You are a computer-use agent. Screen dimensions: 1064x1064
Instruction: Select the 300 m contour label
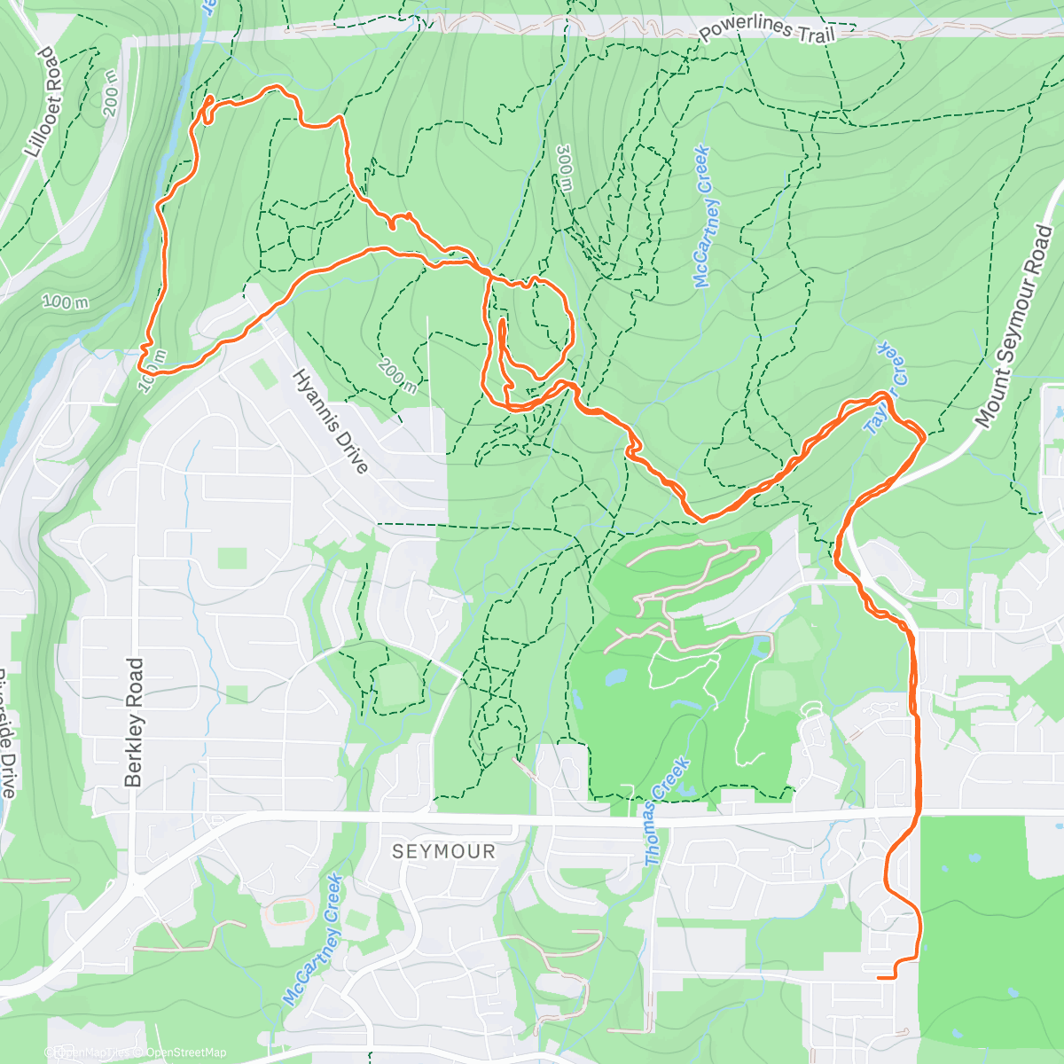[565, 168]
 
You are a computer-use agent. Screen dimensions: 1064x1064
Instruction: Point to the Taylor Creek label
[887, 388]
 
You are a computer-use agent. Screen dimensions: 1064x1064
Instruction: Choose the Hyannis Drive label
[330, 421]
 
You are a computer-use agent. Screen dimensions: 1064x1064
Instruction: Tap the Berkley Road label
[134, 722]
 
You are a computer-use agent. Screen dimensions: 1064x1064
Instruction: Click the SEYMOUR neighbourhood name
[443, 851]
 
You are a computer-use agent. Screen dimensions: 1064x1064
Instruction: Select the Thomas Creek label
[667, 811]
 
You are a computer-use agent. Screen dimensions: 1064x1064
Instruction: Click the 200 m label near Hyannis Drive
[396, 376]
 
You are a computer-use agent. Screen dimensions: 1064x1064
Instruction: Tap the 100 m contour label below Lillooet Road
[66, 302]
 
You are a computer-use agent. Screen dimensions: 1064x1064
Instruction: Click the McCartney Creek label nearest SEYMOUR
[312, 939]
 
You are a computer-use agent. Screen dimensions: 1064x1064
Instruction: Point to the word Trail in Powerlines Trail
[816, 34]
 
